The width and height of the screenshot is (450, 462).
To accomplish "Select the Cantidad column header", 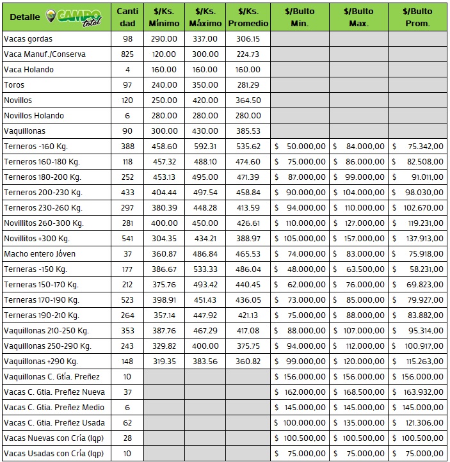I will (x=128, y=17).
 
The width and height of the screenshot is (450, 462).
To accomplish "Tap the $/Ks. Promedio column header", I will (x=248, y=17).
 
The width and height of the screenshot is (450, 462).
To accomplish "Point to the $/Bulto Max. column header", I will (x=358, y=17).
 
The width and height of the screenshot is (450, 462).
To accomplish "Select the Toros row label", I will (x=15, y=85).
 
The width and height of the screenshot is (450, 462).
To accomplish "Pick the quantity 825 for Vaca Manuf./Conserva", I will (x=128, y=54).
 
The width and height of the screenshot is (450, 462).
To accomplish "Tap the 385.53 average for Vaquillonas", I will (x=248, y=131).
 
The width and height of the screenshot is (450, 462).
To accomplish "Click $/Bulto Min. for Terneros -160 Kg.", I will (x=300, y=147).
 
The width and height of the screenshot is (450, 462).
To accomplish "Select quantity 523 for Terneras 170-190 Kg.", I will (x=128, y=300).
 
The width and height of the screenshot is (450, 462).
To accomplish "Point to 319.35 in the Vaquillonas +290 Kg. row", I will (x=163, y=362).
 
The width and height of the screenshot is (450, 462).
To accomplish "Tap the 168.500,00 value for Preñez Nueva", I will (x=358, y=392).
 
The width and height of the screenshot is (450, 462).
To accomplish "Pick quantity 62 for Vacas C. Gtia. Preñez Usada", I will (x=128, y=423).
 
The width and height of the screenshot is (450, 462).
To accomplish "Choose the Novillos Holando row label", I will (x=35, y=116).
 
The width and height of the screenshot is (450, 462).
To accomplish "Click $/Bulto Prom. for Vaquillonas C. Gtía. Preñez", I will (x=417, y=377).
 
